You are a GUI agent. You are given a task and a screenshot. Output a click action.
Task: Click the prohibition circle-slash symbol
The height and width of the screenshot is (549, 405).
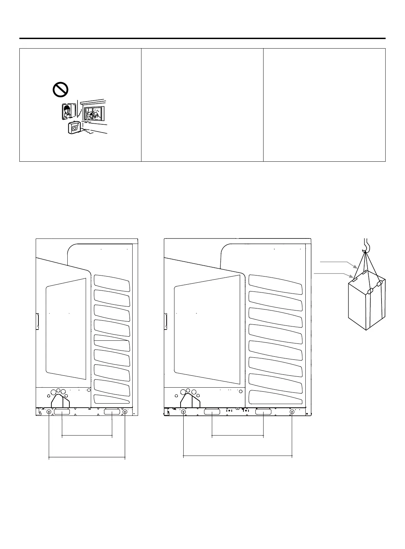click(61, 90)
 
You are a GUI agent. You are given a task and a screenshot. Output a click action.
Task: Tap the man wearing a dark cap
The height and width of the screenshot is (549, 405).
click(67, 111)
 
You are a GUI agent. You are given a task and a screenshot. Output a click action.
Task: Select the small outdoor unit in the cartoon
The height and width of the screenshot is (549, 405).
click(75, 128)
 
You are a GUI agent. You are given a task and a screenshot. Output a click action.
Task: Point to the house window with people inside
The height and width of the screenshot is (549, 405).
click(94, 113)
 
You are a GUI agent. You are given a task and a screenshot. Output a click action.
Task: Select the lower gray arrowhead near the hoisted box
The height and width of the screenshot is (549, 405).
click(352, 278)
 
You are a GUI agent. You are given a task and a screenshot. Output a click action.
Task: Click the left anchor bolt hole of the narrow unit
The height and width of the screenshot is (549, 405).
click(49, 412)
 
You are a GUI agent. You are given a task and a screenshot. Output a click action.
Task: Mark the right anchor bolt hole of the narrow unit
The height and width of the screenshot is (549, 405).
click(125, 412)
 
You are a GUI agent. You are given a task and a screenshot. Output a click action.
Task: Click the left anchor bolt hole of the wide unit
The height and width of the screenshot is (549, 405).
click(184, 412)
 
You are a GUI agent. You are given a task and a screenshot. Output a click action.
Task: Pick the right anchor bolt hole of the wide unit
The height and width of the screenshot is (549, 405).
click(292, 412)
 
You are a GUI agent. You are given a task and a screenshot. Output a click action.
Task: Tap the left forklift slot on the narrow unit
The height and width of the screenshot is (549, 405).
click(62, 412)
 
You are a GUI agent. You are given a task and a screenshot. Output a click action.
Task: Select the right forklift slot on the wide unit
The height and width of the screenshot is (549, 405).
click(264, 412)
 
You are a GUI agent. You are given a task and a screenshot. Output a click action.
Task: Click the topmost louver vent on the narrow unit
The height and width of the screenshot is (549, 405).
click(112, 283)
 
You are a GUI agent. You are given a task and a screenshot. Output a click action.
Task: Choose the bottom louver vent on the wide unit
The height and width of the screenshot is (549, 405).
click(275, 397)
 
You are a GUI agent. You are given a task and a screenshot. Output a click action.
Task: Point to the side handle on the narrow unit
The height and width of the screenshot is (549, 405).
click(37, 321)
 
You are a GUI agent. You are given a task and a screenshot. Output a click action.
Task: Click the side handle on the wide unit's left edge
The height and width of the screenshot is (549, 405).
click(166, 321)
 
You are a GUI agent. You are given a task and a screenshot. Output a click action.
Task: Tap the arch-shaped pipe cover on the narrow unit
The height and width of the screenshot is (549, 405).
click(60, 401)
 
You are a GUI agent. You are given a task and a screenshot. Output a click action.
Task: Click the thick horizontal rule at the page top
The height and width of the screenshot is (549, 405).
click(202, 38)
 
